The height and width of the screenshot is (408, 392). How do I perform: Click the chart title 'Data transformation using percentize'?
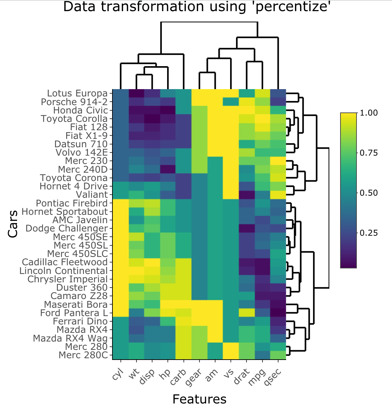pyautogui.click(x=197, y=7)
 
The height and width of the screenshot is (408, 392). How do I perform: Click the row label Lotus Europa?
pyautogui.click(x=77, y=93)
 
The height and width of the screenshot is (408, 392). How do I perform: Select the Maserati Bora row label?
pyautogui.click(x=76, y=305)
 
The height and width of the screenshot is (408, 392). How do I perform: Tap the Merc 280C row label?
pyautogui.click(x=83, y=355)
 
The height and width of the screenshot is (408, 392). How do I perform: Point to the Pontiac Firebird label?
pyautogui.click(x=72, y=203)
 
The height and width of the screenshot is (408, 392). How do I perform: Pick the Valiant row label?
pyautogui.click(x=92, y=195)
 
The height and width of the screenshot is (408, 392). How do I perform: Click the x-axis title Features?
pyautogui.click(x=199, y=399)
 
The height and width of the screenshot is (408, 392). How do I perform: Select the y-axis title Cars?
pyautogui.click(x=13, y=224)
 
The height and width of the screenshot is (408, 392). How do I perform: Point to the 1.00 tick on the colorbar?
pyautogui.click(x=369, y=113)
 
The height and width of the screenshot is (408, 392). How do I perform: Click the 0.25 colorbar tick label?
pyautogui.click(x=369, y=233)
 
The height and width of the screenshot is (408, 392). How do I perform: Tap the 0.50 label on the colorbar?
pyautogui.click(x=369, y=193)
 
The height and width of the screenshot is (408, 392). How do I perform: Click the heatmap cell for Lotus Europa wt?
pyautogui.click(x=136, y=93)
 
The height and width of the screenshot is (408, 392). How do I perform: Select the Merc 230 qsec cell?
pyautogui.click(x=278, y=161)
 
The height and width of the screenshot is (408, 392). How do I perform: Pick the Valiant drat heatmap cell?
pyautogui.click(x=246, y=195)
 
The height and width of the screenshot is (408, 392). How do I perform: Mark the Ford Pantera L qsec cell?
pyautogui.click(x=278, y=313)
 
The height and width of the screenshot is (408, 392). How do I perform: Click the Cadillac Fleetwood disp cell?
pyautogui.click(x=152, y=262)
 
